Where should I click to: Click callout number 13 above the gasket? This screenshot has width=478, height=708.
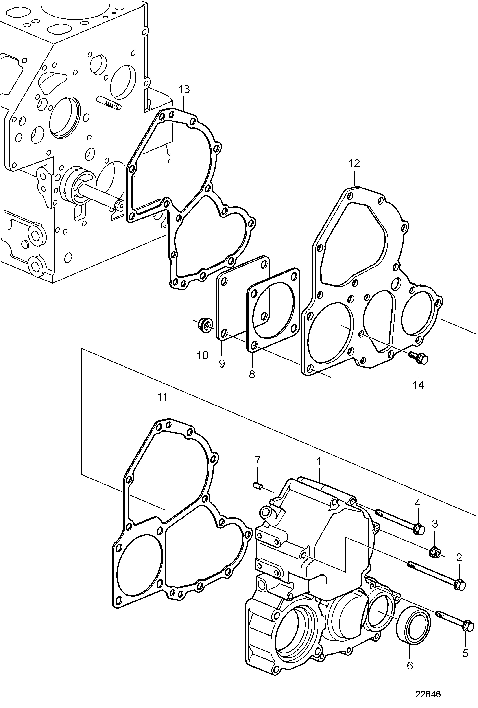point(184,90)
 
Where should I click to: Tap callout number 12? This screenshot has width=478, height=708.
point(354,163)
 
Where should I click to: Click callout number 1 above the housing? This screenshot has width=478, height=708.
point(319,470)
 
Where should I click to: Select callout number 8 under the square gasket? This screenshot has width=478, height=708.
point(252,374)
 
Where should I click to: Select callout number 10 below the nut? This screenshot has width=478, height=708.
point(202,355)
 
